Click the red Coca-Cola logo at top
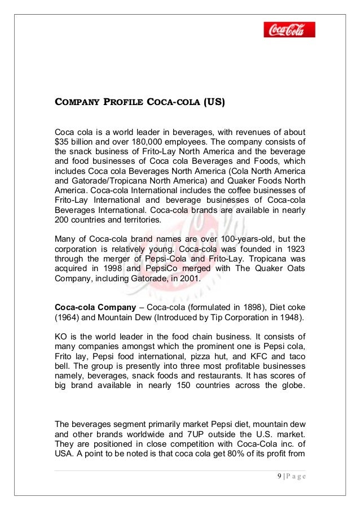(289, 29)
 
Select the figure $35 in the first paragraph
(62, 141)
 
